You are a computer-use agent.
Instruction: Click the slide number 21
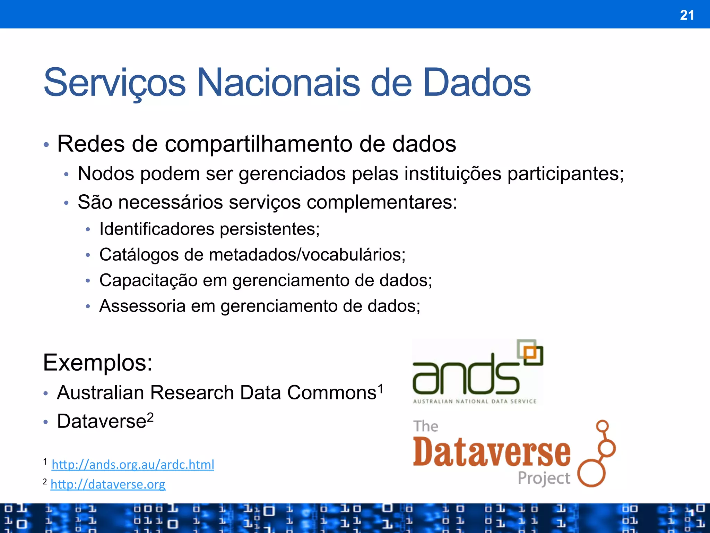687,15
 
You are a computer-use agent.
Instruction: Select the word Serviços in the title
115,83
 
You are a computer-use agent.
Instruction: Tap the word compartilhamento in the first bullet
258,144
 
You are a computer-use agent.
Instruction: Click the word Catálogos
139,255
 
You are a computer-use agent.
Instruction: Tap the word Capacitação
148,280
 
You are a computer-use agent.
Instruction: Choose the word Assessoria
142,306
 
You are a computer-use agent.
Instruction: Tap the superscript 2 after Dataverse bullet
150,417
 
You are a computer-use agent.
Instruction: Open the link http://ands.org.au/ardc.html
133,464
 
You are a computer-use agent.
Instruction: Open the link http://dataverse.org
108,484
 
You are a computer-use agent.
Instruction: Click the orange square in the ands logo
530,353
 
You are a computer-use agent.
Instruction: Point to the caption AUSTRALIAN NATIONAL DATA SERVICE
474,401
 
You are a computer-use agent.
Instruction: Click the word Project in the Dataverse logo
543,478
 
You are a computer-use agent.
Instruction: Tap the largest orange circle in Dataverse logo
591,473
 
